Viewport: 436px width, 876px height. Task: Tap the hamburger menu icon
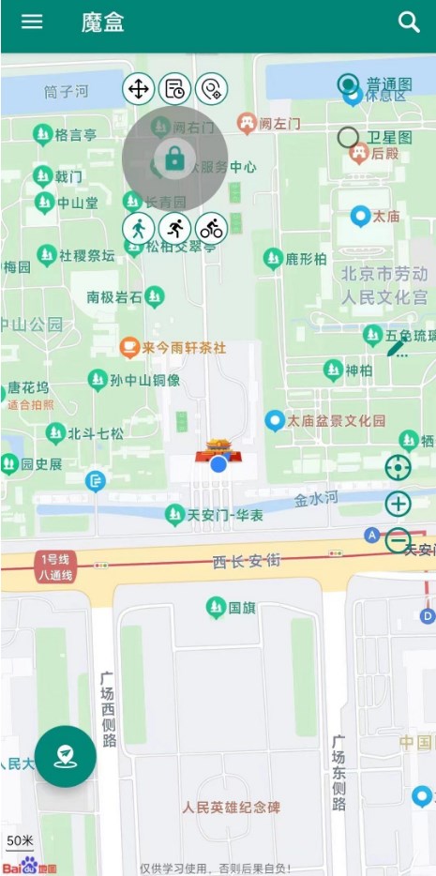click(32, 22)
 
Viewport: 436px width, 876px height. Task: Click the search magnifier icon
click(409, 23)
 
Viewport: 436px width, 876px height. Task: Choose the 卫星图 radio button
click(349, 138)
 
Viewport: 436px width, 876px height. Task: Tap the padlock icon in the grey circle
click(174, 159)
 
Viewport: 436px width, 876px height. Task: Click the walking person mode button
click(138, 227)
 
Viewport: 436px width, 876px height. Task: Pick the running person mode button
click(174, 227)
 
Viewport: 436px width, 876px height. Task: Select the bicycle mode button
click(212, 227)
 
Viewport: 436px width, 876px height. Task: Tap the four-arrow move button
click(138, 89)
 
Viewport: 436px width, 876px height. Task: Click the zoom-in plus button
click(398, 504)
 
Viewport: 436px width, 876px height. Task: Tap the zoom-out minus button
click(398, 540)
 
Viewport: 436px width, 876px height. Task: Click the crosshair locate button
click(398, 467)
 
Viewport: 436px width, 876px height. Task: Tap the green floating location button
click(66, 756)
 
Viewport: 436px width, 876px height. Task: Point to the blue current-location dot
click(218, 464)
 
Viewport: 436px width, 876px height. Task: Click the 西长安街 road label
click(246, 561)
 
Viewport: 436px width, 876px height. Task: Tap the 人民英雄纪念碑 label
click(231, 807)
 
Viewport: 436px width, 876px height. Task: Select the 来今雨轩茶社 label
click(184, 348)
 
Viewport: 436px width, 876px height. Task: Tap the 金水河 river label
click(316, 498)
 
